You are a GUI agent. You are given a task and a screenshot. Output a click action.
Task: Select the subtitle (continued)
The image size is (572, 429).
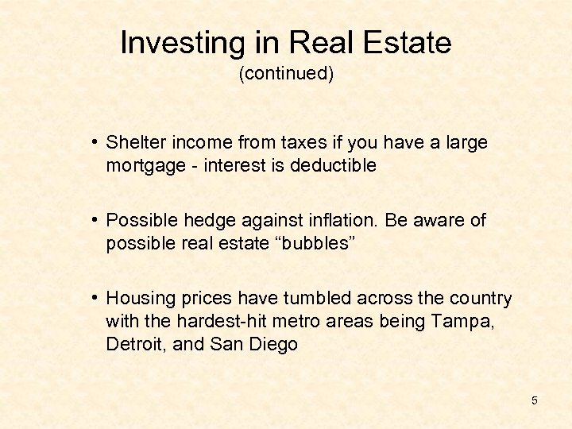(x=286, y=74)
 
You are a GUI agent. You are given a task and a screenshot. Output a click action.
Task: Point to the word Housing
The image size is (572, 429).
(x=138, y=298)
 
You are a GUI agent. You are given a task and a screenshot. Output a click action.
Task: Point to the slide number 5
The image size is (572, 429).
(x=534, y=400)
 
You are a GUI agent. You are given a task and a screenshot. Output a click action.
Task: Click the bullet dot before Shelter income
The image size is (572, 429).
(x=95, y=143)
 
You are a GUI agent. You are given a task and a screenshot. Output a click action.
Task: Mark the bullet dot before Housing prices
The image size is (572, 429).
(x=95, y=299)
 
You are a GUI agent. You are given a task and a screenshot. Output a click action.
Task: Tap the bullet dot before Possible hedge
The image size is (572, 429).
(x=95, y=221)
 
